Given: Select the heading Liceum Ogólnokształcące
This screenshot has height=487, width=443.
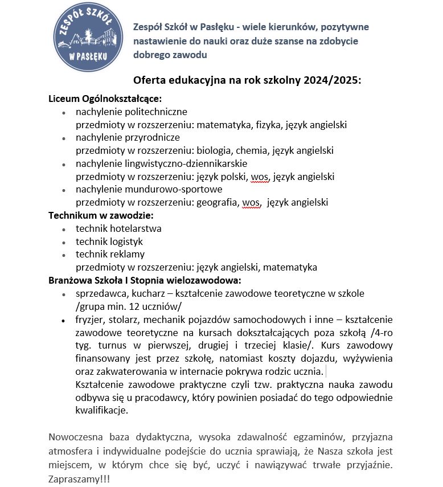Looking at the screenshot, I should (105, 99).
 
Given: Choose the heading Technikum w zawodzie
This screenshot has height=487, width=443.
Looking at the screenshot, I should (101, 215).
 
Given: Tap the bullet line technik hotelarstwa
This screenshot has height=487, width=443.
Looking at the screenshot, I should (118, 228).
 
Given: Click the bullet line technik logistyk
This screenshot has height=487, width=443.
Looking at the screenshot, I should (109, 242).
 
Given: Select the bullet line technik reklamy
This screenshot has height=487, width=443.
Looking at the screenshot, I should (110, 254).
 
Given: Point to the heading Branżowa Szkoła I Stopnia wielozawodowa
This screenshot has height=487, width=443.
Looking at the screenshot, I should (145, 280).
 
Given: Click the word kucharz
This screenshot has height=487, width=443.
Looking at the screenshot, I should (148, 293).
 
